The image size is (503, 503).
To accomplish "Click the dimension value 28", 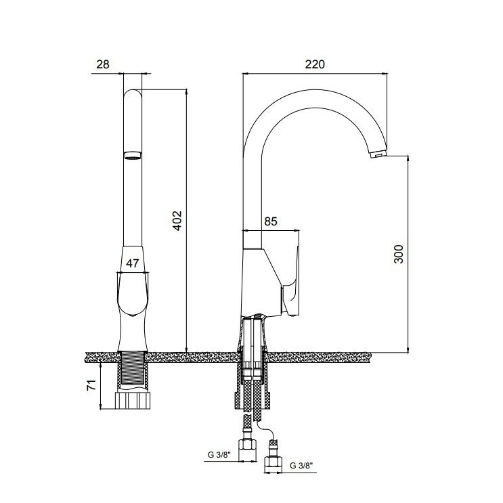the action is point(103,64).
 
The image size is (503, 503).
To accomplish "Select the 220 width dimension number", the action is point(315,64).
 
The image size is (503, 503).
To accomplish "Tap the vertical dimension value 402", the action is point(177,221).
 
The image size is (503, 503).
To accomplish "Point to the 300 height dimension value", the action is point(398,254).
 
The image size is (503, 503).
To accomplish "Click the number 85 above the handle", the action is point(270,221).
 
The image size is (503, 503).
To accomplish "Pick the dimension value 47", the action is point(132,263).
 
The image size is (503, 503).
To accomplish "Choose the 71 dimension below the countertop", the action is point(91,385).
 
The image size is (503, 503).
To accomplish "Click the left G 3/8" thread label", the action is point(219,454).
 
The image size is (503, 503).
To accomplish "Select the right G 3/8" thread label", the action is point(301,466).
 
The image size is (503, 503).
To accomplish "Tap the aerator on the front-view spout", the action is point(133,155).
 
